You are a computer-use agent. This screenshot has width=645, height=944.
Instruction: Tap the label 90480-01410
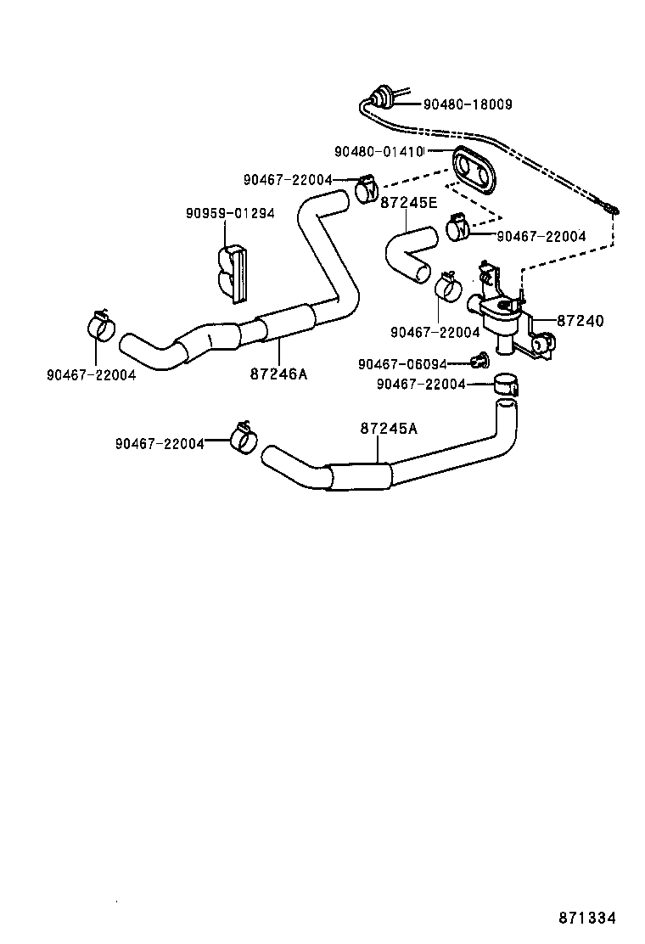[379, 152]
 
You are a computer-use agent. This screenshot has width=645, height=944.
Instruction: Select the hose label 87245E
[409, 203]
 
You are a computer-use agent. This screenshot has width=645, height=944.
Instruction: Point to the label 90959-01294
[230, 213]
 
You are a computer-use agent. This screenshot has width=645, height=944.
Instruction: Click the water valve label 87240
[580, 321]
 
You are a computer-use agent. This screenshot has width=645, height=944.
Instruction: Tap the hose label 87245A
[390, 429]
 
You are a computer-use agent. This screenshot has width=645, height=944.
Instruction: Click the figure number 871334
[586, 919]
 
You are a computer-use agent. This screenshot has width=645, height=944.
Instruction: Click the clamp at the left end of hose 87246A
[100, 324]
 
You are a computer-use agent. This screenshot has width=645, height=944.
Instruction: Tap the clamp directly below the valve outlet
[507, 384]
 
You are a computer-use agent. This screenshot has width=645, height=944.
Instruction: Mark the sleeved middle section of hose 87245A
[359, 475]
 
